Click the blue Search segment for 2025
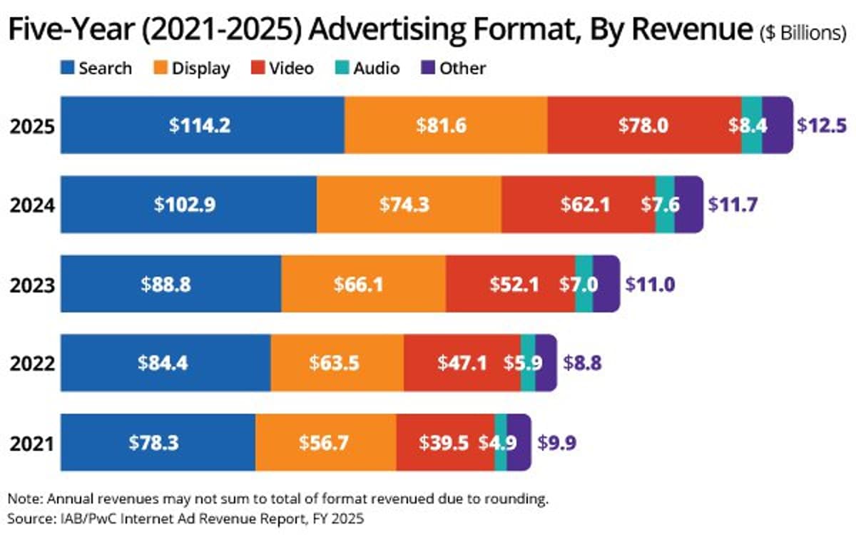[x=202, y=125]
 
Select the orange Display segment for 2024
[x=409, y=205]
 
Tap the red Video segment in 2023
[x=511, y=284]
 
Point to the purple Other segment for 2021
[x=519, y=442]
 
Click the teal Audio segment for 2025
[x=752, y=125]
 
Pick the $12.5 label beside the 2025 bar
[x=821, y=126]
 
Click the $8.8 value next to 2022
[x=583, y=363]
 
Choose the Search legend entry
[x=96, y=68]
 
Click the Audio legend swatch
[x=340, y=68]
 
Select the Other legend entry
[x=453, y=68]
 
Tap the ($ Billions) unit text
[x=803, y=34]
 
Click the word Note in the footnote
[x=21, y=497]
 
